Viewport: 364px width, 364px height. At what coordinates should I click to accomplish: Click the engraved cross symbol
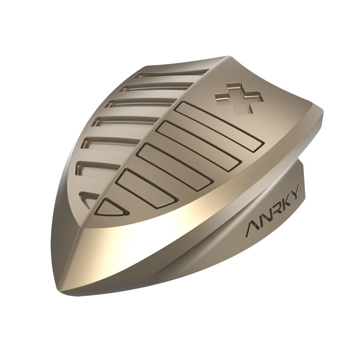240,98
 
